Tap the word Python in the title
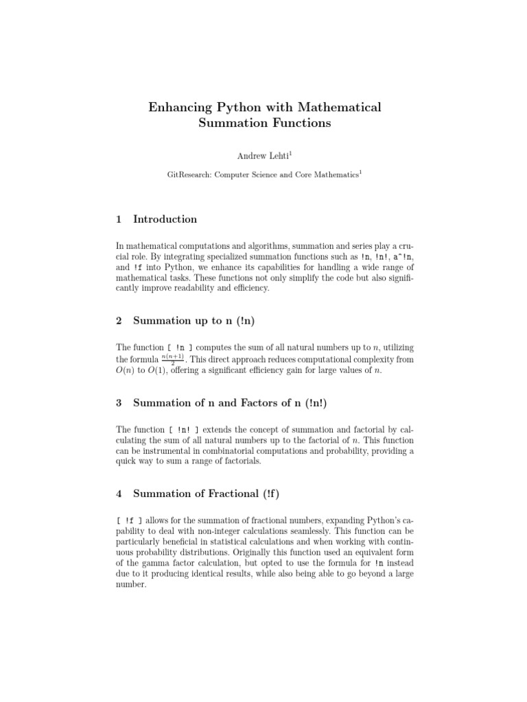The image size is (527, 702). tap(246, 108)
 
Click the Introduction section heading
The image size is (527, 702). tap(165, 219)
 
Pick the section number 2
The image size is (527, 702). tap(119, 320)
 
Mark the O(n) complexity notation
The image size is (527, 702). tap(121, 372)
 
